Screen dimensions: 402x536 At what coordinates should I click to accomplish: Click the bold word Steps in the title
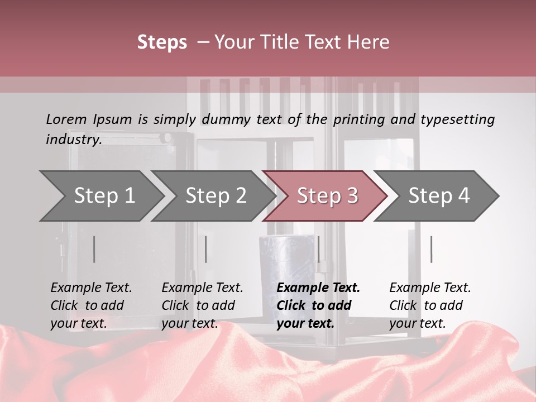pyautogui.click(x=162, y=42)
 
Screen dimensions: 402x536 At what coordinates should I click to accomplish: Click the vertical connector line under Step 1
pyautogui.click(x=94, y=249)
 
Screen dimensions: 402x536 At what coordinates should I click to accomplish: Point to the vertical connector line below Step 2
pyautogui.click(x=206, y=249)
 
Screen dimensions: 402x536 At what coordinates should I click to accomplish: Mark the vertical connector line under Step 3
pyautogui.click(x=318, y=249)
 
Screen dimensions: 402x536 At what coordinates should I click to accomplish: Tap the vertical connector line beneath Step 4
pyautogui.click(x=431, y=249)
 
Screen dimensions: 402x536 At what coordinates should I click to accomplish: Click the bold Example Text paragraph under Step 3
pyautogui.click(x=318, y=305)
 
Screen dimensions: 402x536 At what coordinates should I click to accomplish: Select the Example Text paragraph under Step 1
pyautogui.click(x=91, y=305)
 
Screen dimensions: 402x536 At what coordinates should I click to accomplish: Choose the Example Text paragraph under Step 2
pyautogui.click(x=202, y=305)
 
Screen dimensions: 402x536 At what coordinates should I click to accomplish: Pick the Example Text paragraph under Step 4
pyautogui.click(x=430, y=305)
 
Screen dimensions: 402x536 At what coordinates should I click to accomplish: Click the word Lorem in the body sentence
pyautogui.click(x=66, y=119)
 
